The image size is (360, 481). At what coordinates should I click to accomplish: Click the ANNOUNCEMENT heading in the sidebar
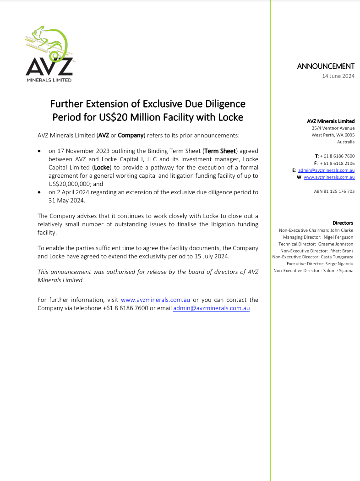pos(326,66)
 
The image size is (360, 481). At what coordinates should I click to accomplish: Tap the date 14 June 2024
pos(338,76)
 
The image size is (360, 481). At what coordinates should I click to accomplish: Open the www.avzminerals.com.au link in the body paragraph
pos(155,300)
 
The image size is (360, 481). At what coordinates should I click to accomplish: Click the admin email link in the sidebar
pos(326,170)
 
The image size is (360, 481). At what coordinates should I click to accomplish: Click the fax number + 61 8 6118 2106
pos(337,163)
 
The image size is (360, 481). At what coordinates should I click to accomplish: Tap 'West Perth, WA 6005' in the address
pos(333,135)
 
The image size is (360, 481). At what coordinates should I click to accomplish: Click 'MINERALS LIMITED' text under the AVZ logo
pos(49,79)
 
